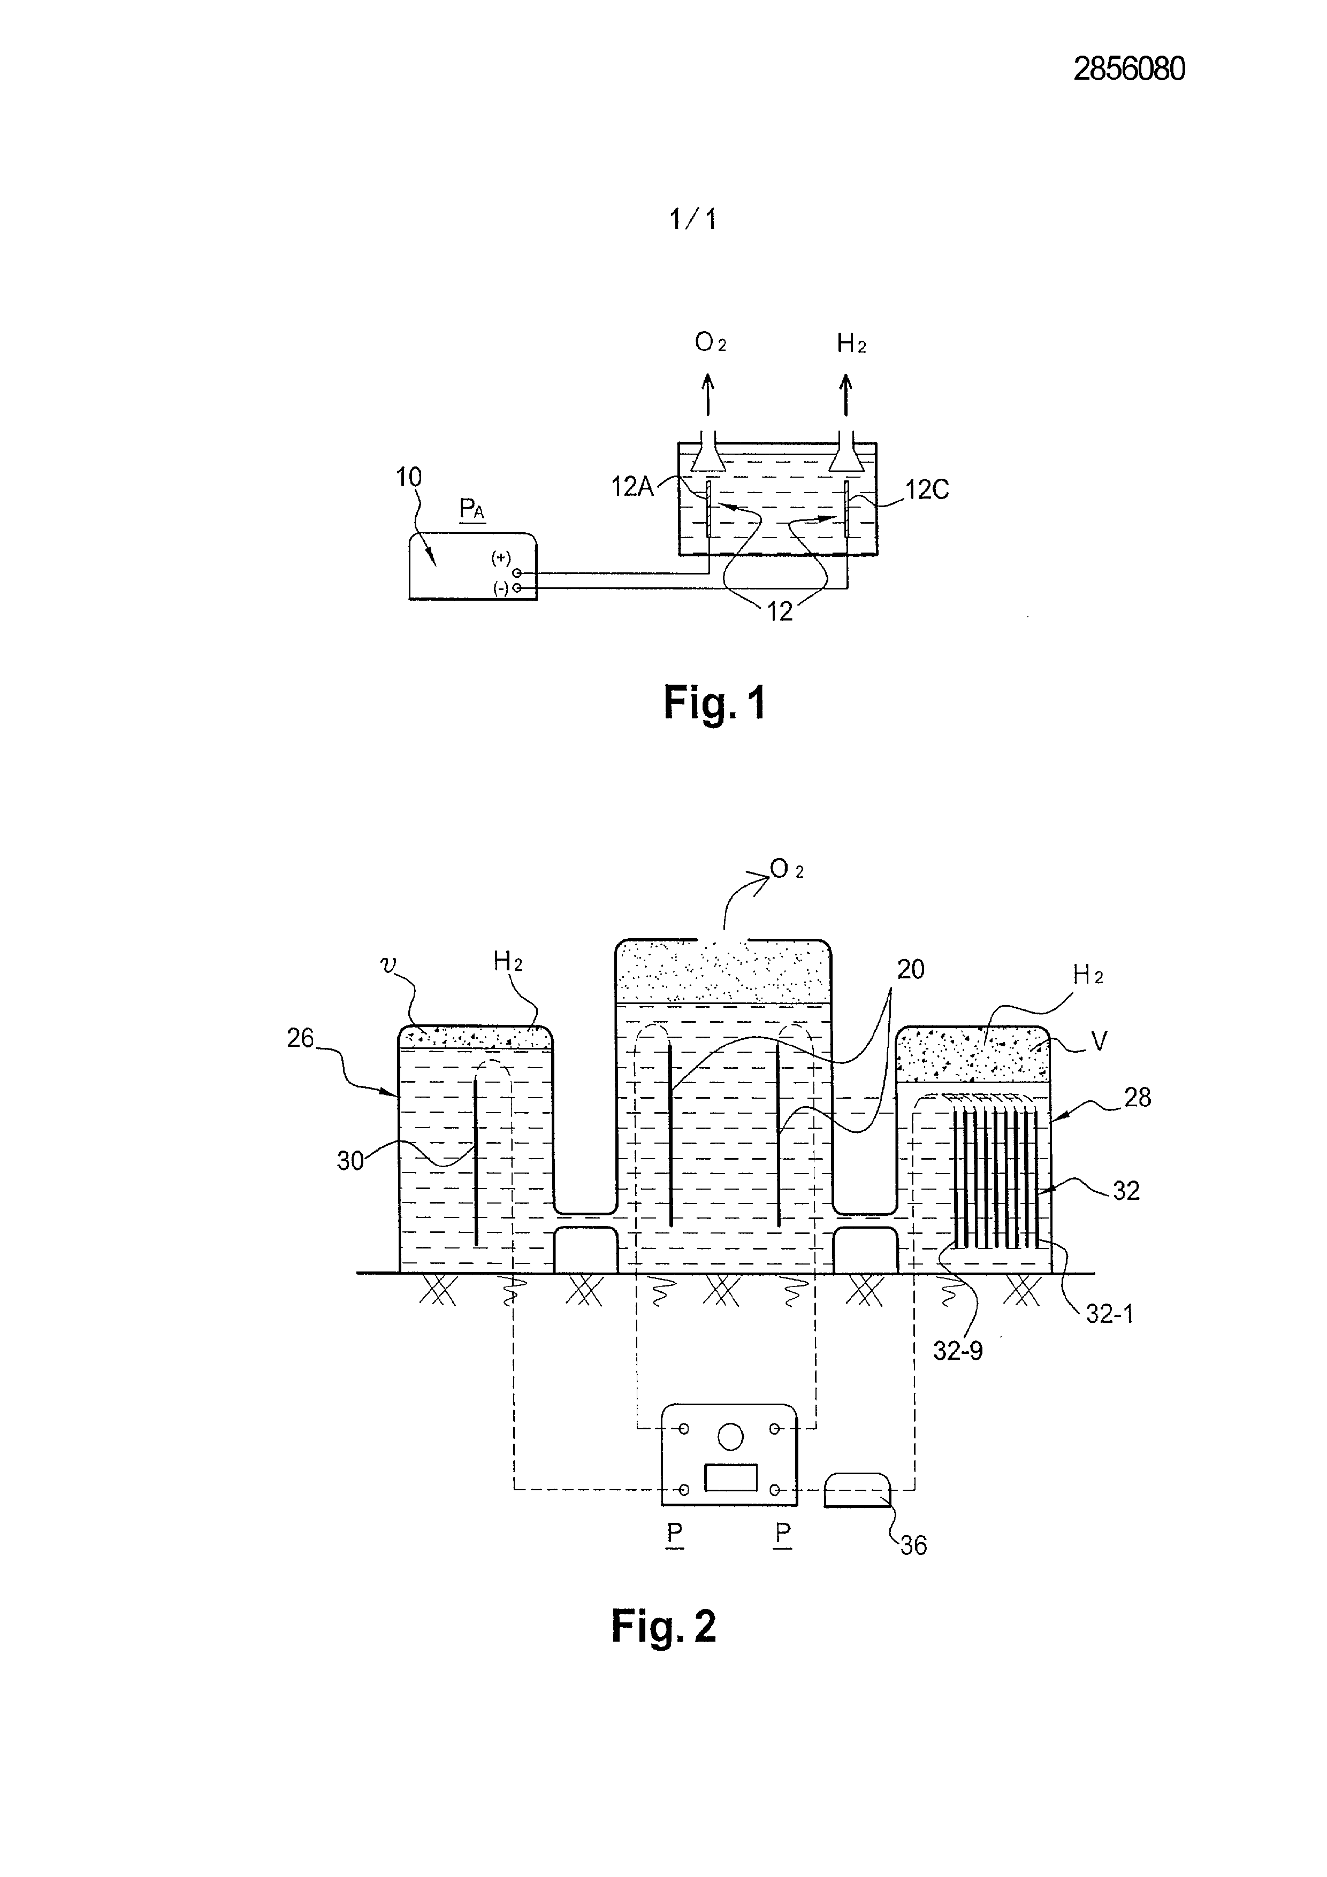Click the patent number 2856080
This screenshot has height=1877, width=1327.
pos(1128,70)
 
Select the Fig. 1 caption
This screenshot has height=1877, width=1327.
pos(715,703)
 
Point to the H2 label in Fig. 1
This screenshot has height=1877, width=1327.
pos(851,344)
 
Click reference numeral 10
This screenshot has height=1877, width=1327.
pos(409,478)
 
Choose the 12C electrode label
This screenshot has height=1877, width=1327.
pos(927,489)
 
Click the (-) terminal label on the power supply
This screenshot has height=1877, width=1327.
pos(500,588)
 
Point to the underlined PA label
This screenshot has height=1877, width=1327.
pos(472,511)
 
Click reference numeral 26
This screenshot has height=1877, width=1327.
pos(301,1038)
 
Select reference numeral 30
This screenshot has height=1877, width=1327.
pos(351,1161)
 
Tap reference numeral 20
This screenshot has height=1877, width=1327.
pos(910,970)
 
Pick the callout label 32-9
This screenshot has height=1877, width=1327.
pos(958,1351)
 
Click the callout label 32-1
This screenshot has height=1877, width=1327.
pos(1110,1315)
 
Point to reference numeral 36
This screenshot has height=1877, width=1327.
pos(913,1546)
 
